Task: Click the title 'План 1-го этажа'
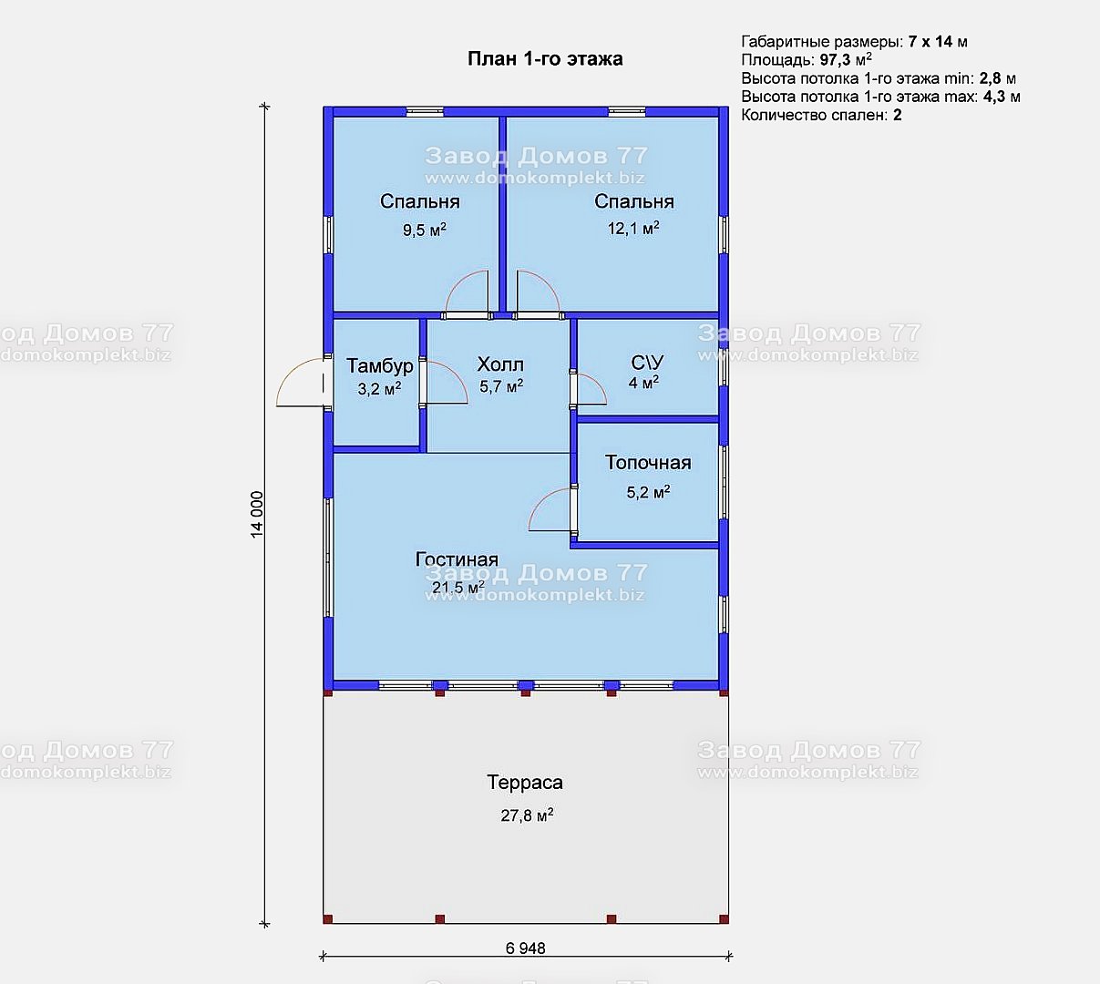click(545, 58)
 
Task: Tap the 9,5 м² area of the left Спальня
click(425, 230)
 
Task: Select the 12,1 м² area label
click(633, 228)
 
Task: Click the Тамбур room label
click(379, 365)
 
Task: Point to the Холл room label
click(500, 364)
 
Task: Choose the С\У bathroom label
click(647, 362)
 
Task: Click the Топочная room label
click(648, 463)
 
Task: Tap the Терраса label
click(524, 782)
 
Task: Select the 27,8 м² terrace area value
click(527, 815)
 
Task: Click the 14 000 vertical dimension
click(257, 515)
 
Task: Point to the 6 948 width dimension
click(525, 948)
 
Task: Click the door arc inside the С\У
click(598, 384)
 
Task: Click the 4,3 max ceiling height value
click(993, 97)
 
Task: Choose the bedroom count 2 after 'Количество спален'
click(898, 115)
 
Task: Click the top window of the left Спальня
click(425, 112)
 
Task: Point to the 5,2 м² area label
click(648, 492)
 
